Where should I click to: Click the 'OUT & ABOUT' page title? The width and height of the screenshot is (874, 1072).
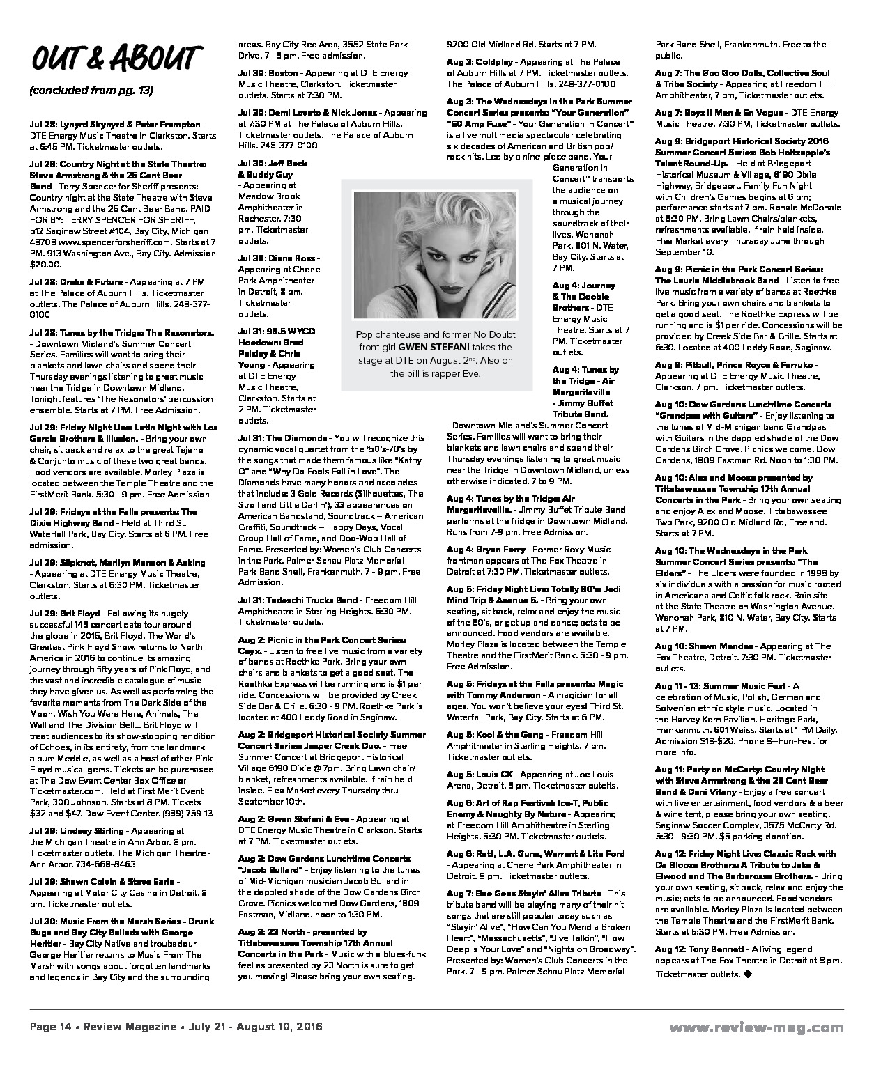click(x=116, y=59)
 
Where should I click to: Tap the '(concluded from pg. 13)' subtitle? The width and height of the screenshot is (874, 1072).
click(x=91, y=91)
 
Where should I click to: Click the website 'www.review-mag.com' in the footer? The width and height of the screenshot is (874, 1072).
click(x=756, y=1027)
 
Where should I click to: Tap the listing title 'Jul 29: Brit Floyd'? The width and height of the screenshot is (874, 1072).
click(x=65, y=614)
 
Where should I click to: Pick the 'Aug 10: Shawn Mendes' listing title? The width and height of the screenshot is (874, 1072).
click(x=694, y=646)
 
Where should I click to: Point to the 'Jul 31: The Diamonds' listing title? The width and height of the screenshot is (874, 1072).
click(x=282, y=438)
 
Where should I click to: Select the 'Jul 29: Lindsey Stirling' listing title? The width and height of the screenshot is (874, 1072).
click(x=77, y=831)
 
